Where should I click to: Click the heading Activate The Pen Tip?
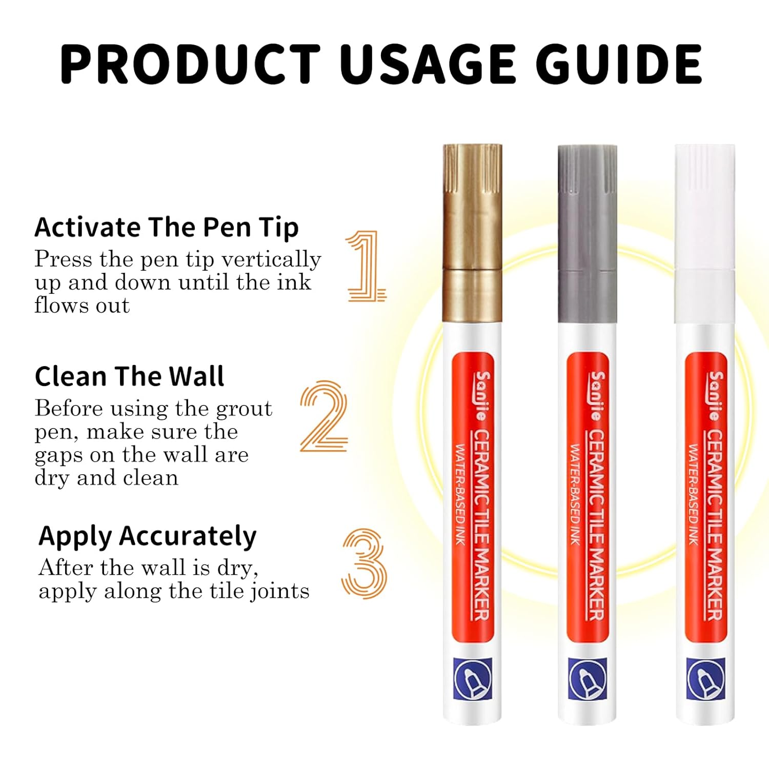point(167,227)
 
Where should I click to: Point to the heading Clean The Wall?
point(129,376)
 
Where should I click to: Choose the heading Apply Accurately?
point(148,536)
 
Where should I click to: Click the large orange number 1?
point(366,266)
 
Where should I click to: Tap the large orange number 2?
point(324,416)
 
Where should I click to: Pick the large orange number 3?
point(363,564)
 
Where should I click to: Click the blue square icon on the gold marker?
point(472,678)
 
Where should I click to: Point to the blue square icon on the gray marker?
point(588,678)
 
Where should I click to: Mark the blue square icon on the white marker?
point(705,678)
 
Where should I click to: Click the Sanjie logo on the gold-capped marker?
point(482,396)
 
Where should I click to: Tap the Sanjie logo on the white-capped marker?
point(716,396)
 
